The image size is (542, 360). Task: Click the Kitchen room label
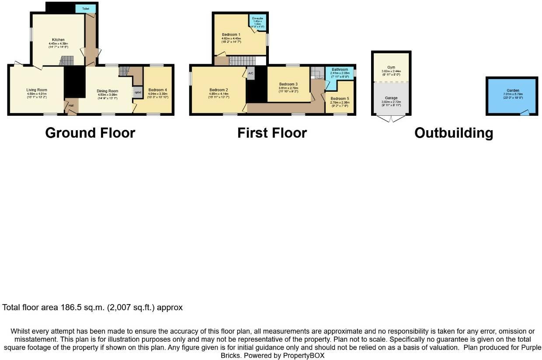(58, 40)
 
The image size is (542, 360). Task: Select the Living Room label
(37, 90)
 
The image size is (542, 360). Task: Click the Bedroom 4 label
(157, 90)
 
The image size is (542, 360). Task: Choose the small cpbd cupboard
(137, 92)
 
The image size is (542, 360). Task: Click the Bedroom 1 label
(231, 35)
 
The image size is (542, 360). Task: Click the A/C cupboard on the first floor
(250, 73)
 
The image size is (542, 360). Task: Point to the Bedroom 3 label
(288, 84)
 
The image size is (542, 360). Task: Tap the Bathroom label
(340, 69)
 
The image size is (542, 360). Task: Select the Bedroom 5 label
(340, 99)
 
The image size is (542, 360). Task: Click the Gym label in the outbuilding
(391, 67)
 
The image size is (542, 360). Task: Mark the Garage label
(391, 98)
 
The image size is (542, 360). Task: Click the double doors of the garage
(391, 118)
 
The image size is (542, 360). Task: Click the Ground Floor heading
(90, 133)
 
